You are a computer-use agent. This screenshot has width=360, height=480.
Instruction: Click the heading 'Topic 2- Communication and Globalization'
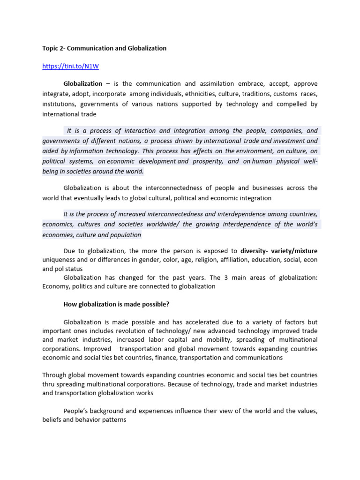tap(104, 48)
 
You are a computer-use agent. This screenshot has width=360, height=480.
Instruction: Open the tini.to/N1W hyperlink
tap(70, 66)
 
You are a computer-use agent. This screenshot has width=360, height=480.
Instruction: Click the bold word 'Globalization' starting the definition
tap(82, 83)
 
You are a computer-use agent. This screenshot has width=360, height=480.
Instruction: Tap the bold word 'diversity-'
tap(256, 251)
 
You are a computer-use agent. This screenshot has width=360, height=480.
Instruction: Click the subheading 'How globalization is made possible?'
tap(116, 304)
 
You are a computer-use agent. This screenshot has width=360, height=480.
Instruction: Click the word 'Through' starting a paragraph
tap(53, 375)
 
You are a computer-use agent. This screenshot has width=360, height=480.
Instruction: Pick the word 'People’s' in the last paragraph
tap(76, 411)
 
